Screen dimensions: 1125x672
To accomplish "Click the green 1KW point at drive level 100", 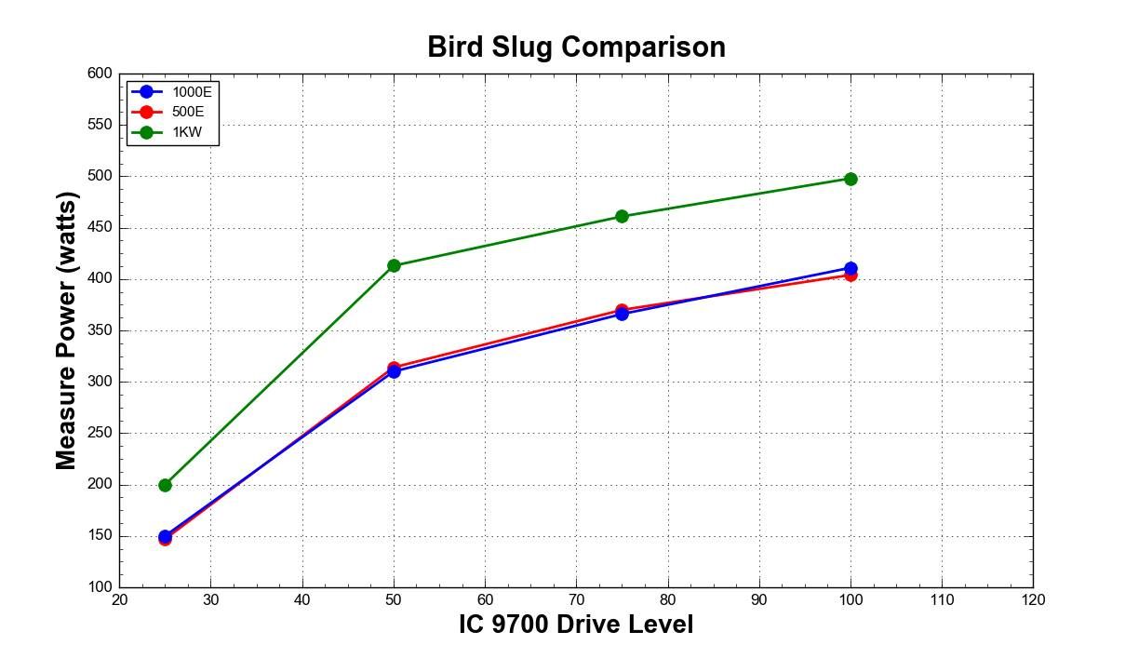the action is pos(850,180).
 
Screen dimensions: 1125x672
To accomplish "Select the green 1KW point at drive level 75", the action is pos(622,217).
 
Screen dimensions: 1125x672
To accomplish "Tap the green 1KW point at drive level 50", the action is pos(394,265).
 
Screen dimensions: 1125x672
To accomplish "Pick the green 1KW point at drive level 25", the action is pos(166,485).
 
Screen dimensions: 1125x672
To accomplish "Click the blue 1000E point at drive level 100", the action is pos(850,268).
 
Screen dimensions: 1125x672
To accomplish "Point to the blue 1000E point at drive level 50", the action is pos(394,371).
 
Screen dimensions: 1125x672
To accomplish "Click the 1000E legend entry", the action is pos(172,92).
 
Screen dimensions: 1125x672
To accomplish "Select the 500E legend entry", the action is pos(167,112).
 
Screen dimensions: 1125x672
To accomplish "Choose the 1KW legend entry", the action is pos(167,132).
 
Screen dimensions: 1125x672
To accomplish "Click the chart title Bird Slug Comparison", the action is pos(576,47).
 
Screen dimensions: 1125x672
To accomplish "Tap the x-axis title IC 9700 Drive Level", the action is pos(576,625).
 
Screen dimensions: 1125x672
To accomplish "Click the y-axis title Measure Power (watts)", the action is pos(66,331).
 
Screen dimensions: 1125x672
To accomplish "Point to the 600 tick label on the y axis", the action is pos(100,74).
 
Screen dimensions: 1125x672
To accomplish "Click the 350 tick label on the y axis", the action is pos(100,330).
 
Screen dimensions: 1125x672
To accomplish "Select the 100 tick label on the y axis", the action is pos(100,586).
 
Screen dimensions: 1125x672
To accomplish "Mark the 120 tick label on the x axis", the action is pos(1033,599).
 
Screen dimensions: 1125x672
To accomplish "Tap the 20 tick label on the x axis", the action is pos(119,599).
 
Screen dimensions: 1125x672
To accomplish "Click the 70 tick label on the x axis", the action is pos(576,599).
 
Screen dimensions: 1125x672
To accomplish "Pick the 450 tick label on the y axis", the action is pos(100,228).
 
